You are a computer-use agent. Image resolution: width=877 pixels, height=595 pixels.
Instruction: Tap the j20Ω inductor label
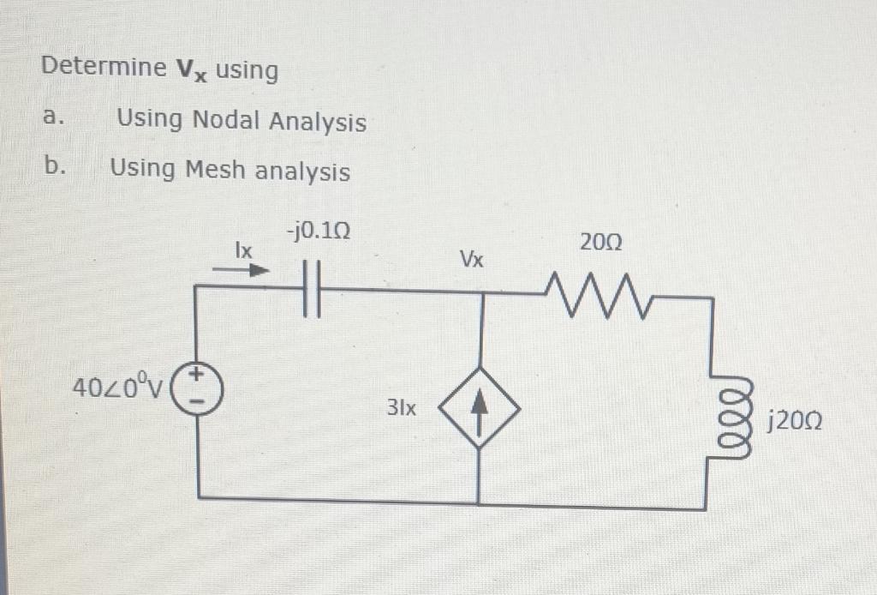pyautogui.click(x=796, y=421)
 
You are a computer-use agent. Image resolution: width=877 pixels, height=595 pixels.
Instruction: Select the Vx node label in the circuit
pyautogui.click(x=472, y=259)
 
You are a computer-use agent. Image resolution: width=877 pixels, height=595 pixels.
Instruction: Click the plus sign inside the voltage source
pyautogui.click(x=195, y=376)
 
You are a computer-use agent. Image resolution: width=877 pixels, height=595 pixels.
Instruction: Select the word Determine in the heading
pyautogui.click(x=103, y=66)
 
